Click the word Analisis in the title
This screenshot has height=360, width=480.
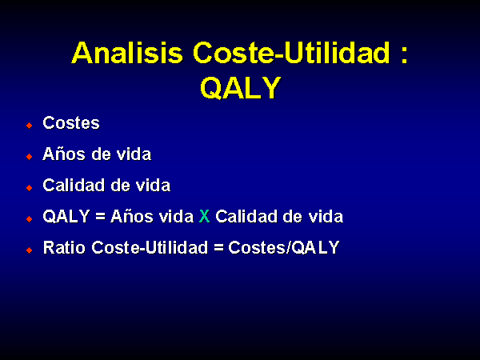(x=127, y=53)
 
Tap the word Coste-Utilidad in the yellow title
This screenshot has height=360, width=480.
(x=292, y=53)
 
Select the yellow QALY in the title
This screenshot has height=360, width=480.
(x=240, y=88)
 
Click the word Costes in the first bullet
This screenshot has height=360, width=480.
(x=71, y=123)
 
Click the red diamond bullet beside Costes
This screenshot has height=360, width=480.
(x=30, y=126)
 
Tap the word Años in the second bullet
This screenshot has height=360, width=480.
(x=64, y=154)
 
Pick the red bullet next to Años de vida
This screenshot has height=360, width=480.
(x=30, y=157)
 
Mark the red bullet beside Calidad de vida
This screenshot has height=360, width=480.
(x=30, y=188)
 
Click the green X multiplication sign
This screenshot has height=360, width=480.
(x=205, y=217)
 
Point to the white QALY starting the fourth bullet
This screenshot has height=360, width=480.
(x=66, y=217)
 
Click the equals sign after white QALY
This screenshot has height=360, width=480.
(x=101, y=217)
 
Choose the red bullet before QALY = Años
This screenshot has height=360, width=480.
(x=30, y=219)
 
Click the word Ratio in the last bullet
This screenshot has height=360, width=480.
(x=64, y=247)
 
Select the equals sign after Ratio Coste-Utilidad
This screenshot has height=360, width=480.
(x=218, y=248)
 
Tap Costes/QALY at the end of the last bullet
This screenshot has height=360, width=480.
(x=284, y=248)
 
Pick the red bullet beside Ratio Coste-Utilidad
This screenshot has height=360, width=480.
(x=30, y=250)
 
